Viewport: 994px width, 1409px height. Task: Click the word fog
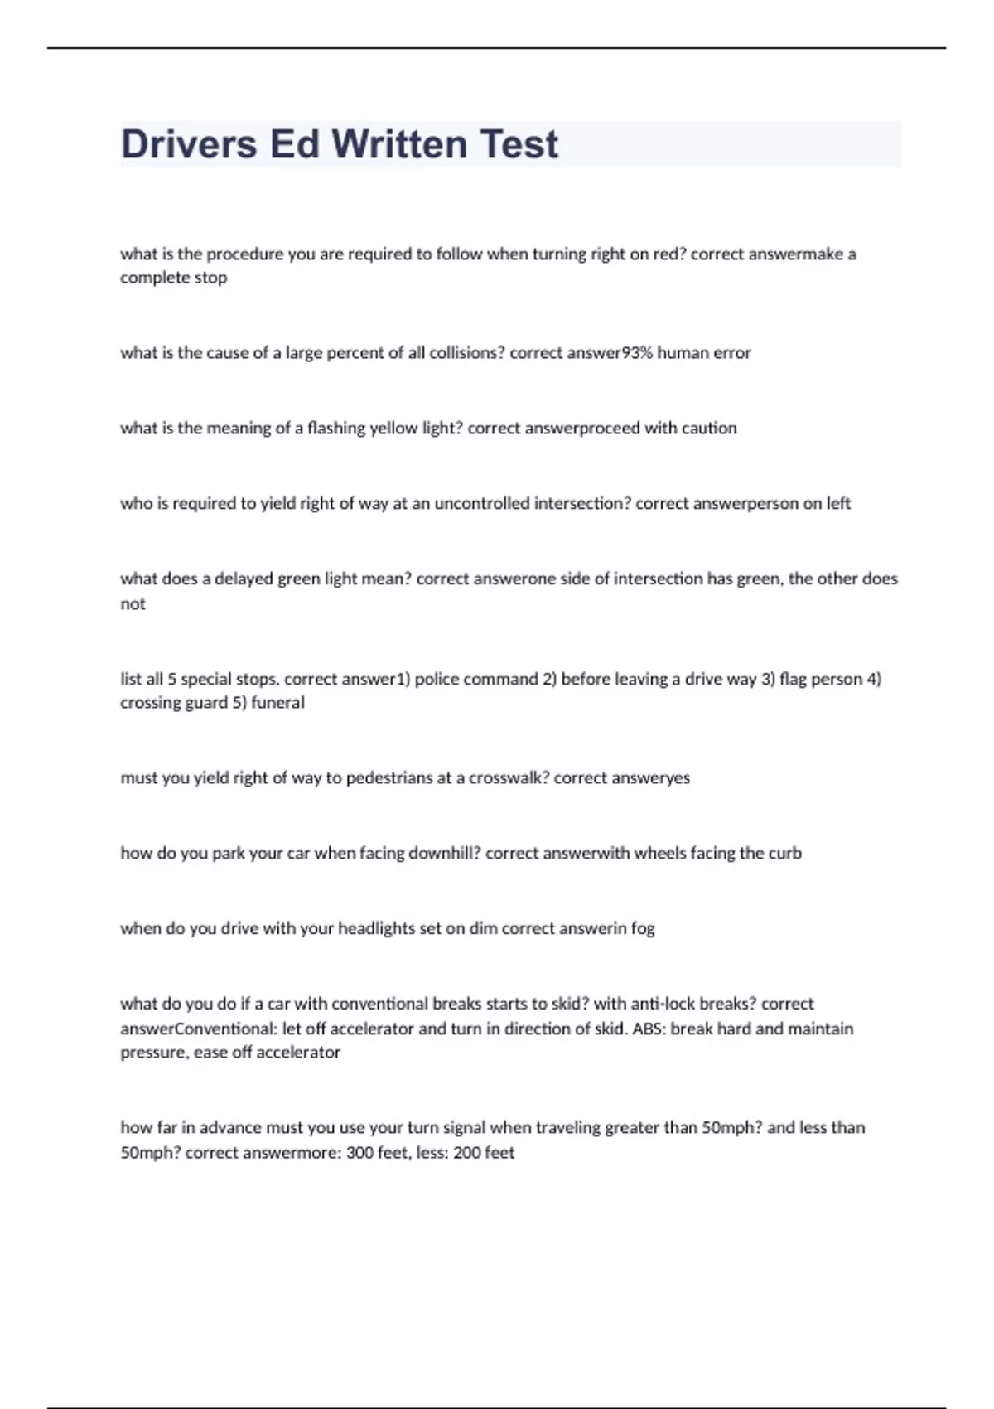[x=643, y=929]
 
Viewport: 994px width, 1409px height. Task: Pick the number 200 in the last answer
[x=467, y=1153]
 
